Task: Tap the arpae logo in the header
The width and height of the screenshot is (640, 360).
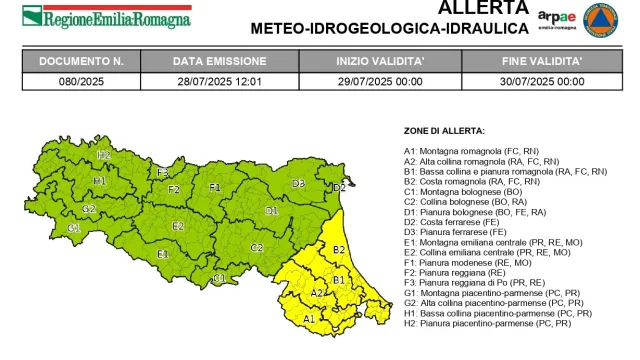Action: click(x=556, y=19)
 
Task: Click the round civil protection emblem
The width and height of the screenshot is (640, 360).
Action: click(x=603, y=21)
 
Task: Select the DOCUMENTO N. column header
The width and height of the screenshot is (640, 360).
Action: click(x=80, y=61)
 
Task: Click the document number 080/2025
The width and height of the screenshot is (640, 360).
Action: click(x=80, y=81)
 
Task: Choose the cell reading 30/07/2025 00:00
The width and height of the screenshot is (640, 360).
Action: click(x=544, y=81)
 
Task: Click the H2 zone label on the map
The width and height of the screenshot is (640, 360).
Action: click(x=103, y=155)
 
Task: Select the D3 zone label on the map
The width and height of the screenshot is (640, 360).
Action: click(x=298, y=183)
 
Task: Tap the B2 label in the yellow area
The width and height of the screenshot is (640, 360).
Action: click(x=338, y=249)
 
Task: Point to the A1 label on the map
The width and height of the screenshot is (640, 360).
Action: click(x=309, y=318)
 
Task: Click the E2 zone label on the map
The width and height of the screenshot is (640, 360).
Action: click(x=178, y=226)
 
